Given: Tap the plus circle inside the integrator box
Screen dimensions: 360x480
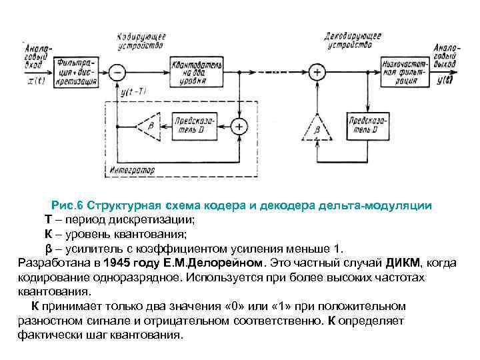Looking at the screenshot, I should [x=238, y=125].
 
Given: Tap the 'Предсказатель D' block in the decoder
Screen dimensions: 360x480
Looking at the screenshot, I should [x=369, y=125].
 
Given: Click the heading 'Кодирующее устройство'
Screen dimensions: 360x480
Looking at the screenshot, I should [x=140, y=40].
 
